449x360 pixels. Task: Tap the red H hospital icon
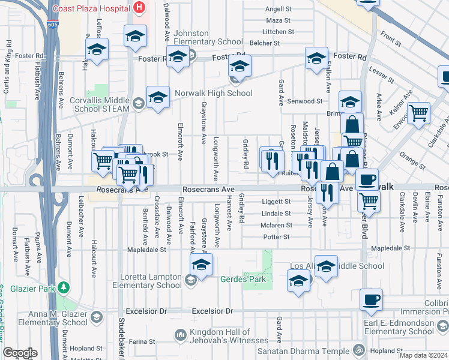click(139, 8)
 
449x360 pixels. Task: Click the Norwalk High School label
click(213, 93)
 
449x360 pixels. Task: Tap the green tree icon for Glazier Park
click(64, 289)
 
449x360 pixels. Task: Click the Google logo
click(20, 353)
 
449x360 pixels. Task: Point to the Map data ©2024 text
click(423, 355)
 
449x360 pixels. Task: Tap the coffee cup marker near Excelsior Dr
click(371, 299)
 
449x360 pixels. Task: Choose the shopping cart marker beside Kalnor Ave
click(418, 113)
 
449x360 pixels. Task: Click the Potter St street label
click(277, 237)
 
